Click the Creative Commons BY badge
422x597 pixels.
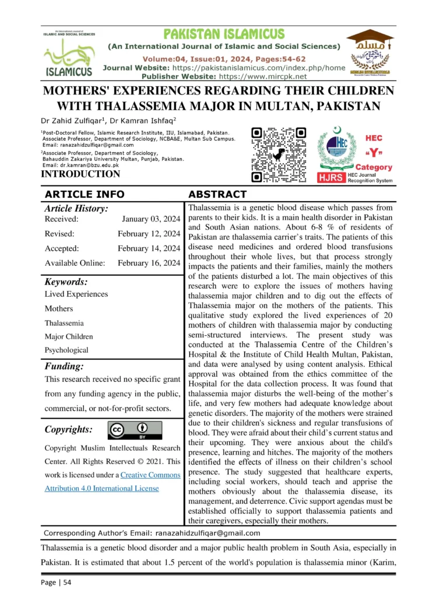(135, 430)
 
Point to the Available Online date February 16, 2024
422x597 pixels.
(149, 263)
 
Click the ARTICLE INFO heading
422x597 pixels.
(84, 194)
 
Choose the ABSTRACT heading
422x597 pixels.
(217, 194)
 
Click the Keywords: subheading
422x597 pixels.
(66, 281)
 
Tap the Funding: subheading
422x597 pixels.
(64, 367)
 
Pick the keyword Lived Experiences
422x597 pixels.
(76, 294)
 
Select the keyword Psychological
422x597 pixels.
(66, 350)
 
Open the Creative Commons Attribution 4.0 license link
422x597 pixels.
(112, 482)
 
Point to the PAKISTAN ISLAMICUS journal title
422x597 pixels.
(224, 34)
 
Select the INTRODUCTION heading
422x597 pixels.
(80, 174)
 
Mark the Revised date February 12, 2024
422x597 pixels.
(149, 234)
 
